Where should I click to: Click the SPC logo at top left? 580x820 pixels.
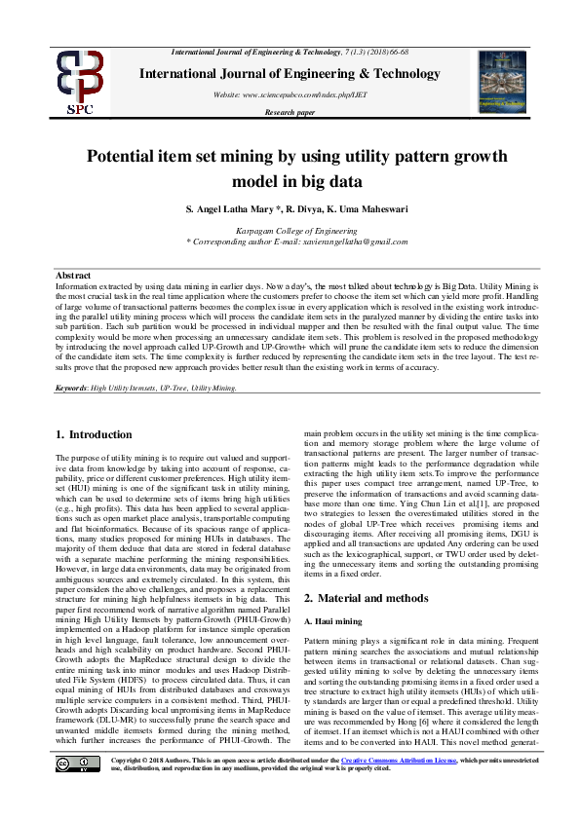(x=79, y=83)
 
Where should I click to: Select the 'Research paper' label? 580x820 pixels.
(x=290, y=113)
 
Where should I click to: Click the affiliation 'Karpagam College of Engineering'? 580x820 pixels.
(x=290, y=230)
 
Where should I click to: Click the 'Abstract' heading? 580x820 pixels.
(x=74, y=276)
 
